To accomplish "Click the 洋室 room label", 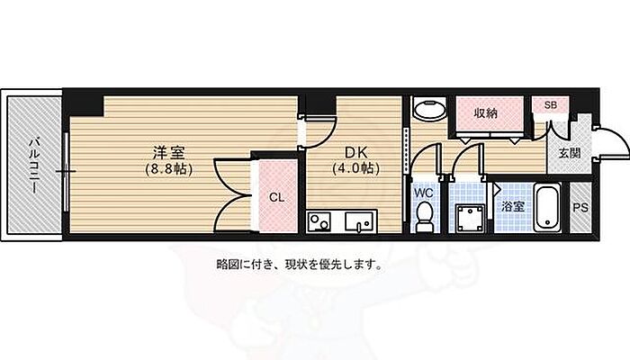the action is point(169,153).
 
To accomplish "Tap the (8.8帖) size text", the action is point(169,169).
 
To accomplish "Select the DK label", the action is point(356,152).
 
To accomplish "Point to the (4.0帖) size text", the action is point(356,168).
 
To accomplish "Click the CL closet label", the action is point(276,197).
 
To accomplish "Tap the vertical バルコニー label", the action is point(34,165).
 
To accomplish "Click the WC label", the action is point(424,193).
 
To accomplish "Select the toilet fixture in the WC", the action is point(424,217).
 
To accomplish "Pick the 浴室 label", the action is point(513,207).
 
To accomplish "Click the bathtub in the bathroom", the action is point(547,207).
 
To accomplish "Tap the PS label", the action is point(580,208).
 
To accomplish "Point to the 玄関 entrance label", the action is point(570,153).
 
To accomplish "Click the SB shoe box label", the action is point(551,105).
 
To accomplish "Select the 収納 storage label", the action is point(486,113).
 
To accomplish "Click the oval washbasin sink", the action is point(429,109).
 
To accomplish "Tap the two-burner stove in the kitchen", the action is point(319,222).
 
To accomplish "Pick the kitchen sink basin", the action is point(359,221).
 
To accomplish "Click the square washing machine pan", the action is point(468,218).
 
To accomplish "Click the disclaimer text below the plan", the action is point(299,265).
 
